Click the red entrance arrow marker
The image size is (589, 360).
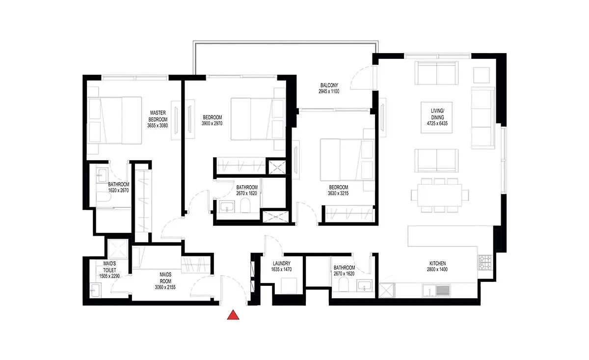(x=233, y=315)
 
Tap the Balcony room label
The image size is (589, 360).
(x=329, y=85)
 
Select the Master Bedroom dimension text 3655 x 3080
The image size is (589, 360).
(x=157, y=126)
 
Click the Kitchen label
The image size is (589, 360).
(x=437, y=263)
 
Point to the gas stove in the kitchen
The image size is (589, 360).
(x=485, y=263)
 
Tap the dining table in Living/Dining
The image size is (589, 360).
(x=440, y=195)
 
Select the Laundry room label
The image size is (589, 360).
(x=281, y=263)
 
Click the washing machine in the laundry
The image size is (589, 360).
(x=289, y=286)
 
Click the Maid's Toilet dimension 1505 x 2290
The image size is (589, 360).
(x=109, y=276)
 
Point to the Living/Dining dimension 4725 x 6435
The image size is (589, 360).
(x=437, y=123)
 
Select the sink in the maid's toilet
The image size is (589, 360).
(x=95, y=291)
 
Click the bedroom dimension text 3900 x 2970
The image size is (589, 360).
(x=212, y=123)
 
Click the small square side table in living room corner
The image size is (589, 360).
(x=482, y=75)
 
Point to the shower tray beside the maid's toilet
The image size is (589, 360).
(x=118, y=249)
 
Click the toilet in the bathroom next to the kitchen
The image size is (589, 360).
(x=344, y=284)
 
